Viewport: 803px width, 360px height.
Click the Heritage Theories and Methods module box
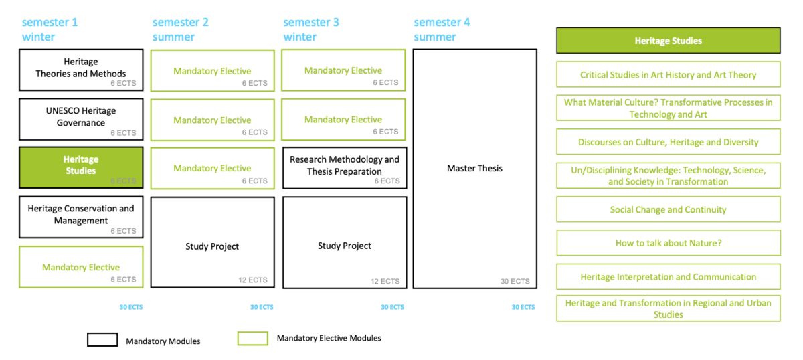tap(81, 70)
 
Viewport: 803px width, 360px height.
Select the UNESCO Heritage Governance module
tap(81, 118)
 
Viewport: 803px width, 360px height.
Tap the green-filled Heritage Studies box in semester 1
tap(81, 167)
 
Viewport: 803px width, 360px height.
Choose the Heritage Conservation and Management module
tap(81, 217)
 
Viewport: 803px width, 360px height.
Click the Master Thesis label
tap(474, 168)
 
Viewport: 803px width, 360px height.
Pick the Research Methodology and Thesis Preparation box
tap(344, 167)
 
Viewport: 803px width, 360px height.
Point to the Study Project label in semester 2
tap(212, 246)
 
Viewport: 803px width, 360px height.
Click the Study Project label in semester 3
tap(344, 246)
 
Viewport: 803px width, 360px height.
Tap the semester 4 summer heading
tap(442, 29)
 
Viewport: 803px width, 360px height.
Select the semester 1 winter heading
tap(50, 29)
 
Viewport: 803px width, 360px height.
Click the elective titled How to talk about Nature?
tap(668, 243)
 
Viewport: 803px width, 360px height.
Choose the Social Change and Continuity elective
tap(668, 209)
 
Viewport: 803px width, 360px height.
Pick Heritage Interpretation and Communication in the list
tap(668, 276)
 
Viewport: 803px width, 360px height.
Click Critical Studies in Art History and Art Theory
tap(668, 75)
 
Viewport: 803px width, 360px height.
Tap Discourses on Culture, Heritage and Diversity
tap(668, 142)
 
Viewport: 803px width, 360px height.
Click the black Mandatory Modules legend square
tap(102, 340)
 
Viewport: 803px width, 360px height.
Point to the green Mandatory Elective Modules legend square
tap(252, 339)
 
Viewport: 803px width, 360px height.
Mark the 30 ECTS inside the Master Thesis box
tap(515, 281)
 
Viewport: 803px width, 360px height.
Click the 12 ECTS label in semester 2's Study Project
tap(252, 280)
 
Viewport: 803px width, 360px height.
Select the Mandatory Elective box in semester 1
tap(81, 267)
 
